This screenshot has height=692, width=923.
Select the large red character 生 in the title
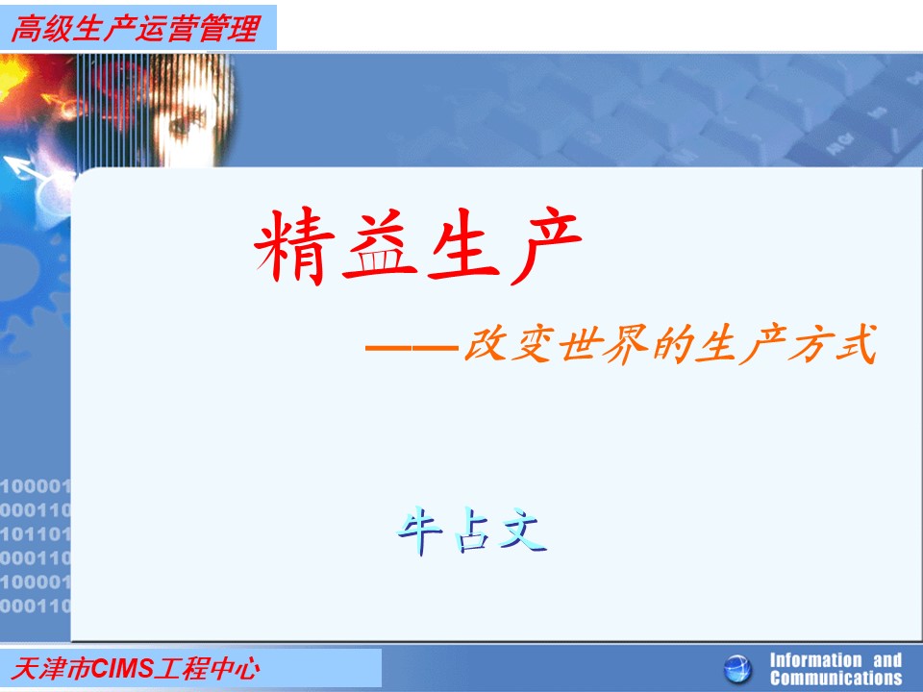463,243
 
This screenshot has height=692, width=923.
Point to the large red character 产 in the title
545,245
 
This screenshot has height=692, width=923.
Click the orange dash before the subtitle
412,348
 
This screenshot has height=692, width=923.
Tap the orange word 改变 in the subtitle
510,344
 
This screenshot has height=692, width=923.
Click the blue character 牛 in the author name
419,531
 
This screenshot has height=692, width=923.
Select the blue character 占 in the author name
472,531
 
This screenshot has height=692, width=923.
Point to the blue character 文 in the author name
523,531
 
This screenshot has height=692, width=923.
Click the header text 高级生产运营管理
136,28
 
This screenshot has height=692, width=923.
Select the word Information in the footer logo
815,660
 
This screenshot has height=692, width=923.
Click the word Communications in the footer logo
836,678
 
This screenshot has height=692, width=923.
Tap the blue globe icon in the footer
737,669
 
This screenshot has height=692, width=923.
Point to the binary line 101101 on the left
36,534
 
